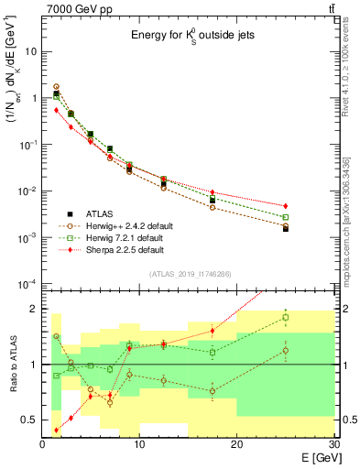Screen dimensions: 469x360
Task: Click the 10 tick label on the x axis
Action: point(140,444)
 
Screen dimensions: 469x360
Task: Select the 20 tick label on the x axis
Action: point(237,444)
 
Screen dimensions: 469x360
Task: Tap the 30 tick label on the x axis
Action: point(333,444)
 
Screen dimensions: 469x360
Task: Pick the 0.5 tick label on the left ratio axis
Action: point(29,420)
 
